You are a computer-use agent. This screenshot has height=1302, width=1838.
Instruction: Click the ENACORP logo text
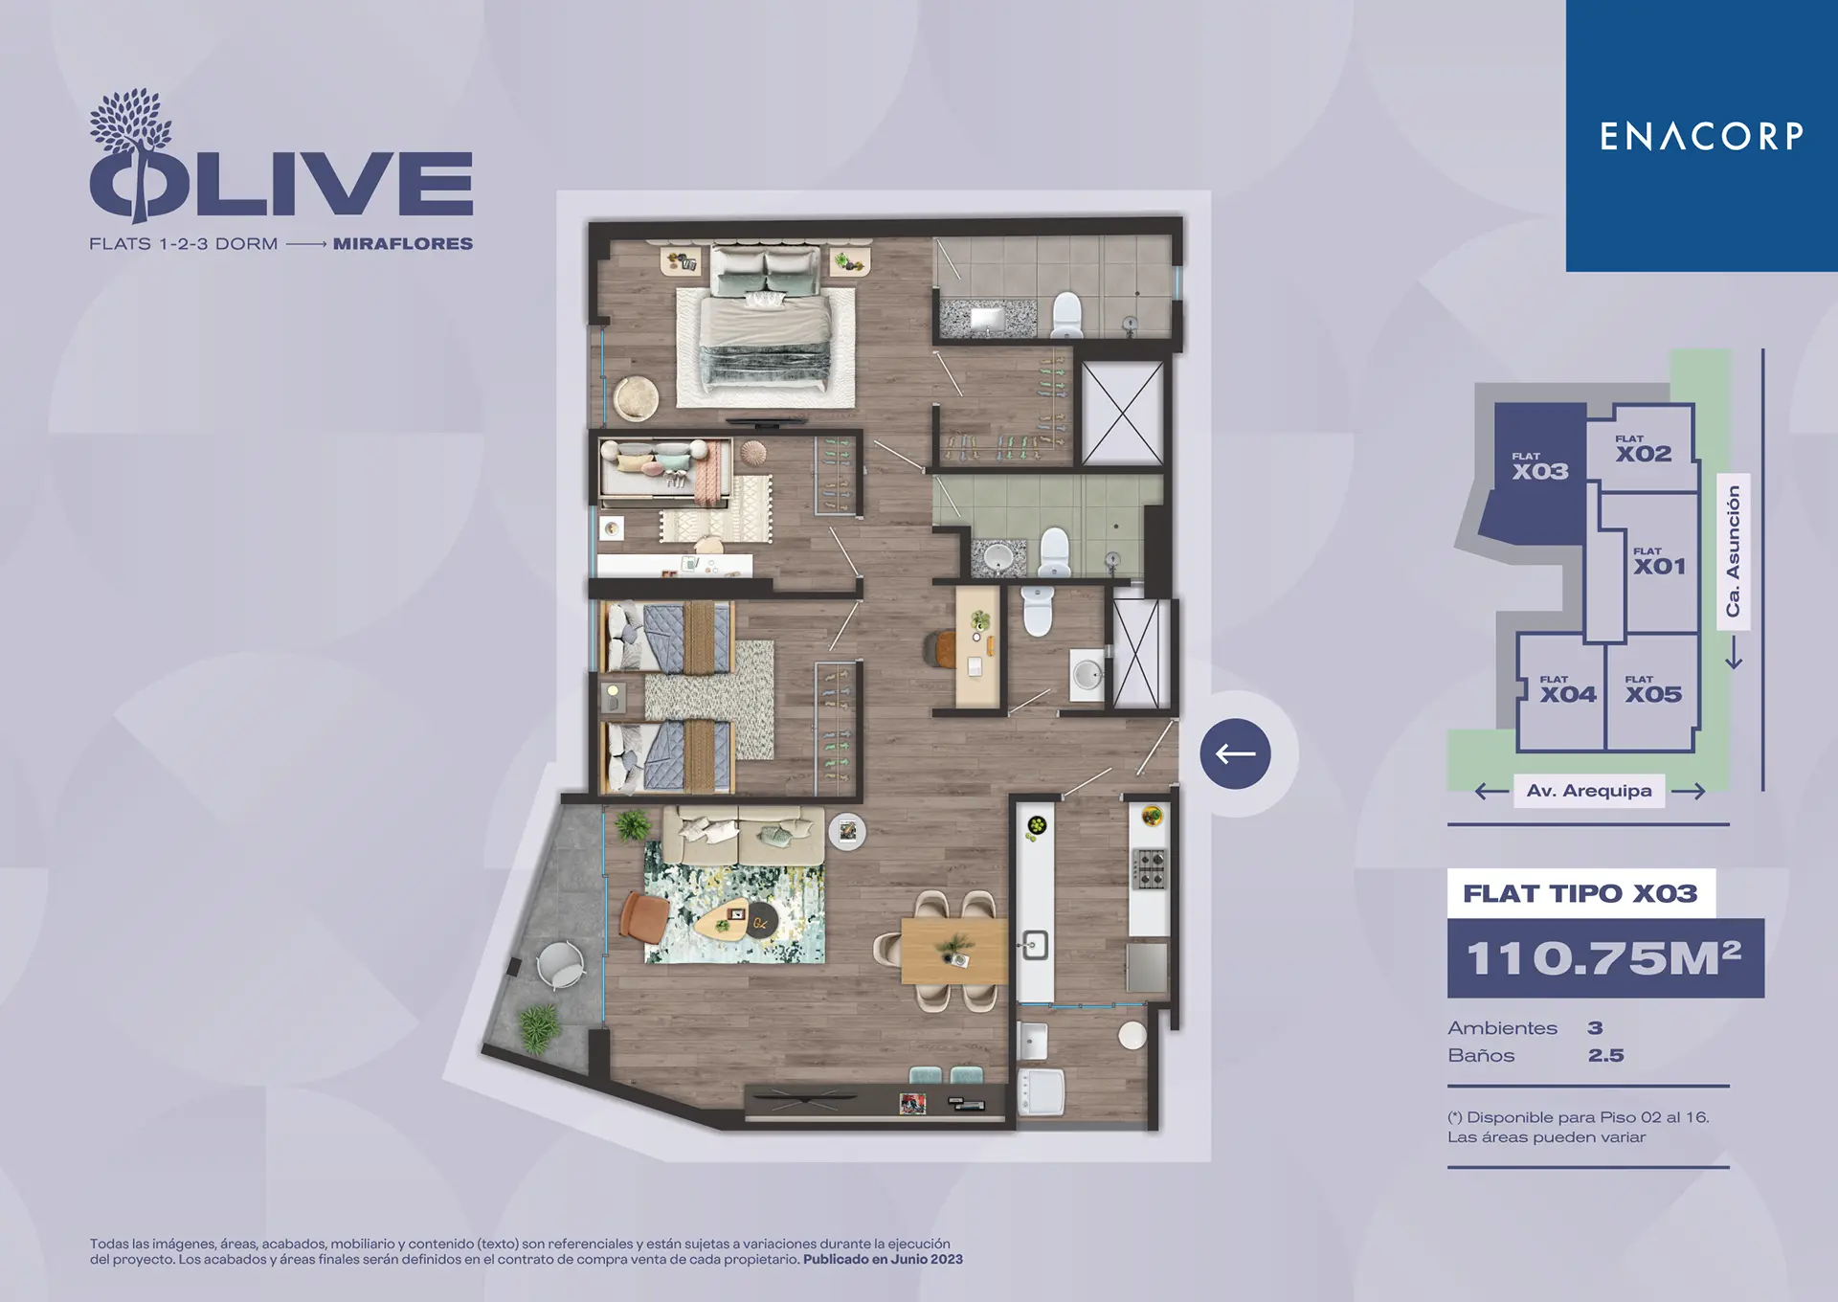[1701, 136]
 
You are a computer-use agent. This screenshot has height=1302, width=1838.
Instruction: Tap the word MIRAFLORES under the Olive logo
[403, 244]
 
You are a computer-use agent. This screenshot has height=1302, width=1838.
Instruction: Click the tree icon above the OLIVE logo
[131, 124]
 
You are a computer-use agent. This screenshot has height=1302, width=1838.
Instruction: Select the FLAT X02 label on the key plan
[1643, 449]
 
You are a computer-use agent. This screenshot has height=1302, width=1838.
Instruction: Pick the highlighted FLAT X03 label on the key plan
[1539, 466]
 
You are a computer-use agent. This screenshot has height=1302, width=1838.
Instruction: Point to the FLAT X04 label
[1567, 689]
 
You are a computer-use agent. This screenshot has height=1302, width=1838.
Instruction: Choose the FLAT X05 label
[1652, 689]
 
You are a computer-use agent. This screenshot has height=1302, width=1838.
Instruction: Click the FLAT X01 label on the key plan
[1659, 561]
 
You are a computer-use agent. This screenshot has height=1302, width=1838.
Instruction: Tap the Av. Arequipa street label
[1589, 791]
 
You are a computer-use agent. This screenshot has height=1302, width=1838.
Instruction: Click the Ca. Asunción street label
[1733, 551]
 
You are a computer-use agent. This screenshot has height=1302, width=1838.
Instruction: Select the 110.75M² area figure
[1603, 958]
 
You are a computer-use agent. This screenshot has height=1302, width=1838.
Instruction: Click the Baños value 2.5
[1605, 1055]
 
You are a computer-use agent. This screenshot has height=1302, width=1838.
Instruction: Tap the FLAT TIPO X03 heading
[1580, 893]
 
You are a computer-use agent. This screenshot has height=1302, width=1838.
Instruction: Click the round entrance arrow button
[1235, 753]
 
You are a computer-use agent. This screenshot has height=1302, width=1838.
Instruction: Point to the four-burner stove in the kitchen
[1150, 868]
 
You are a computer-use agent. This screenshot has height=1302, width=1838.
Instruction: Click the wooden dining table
[953, 951]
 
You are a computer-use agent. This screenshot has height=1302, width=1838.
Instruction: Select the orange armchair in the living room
[642, 914]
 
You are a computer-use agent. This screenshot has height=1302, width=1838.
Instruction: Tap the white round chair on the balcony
[560, 964]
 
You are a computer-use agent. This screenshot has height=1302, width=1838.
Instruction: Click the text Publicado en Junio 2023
[883, 1260]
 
